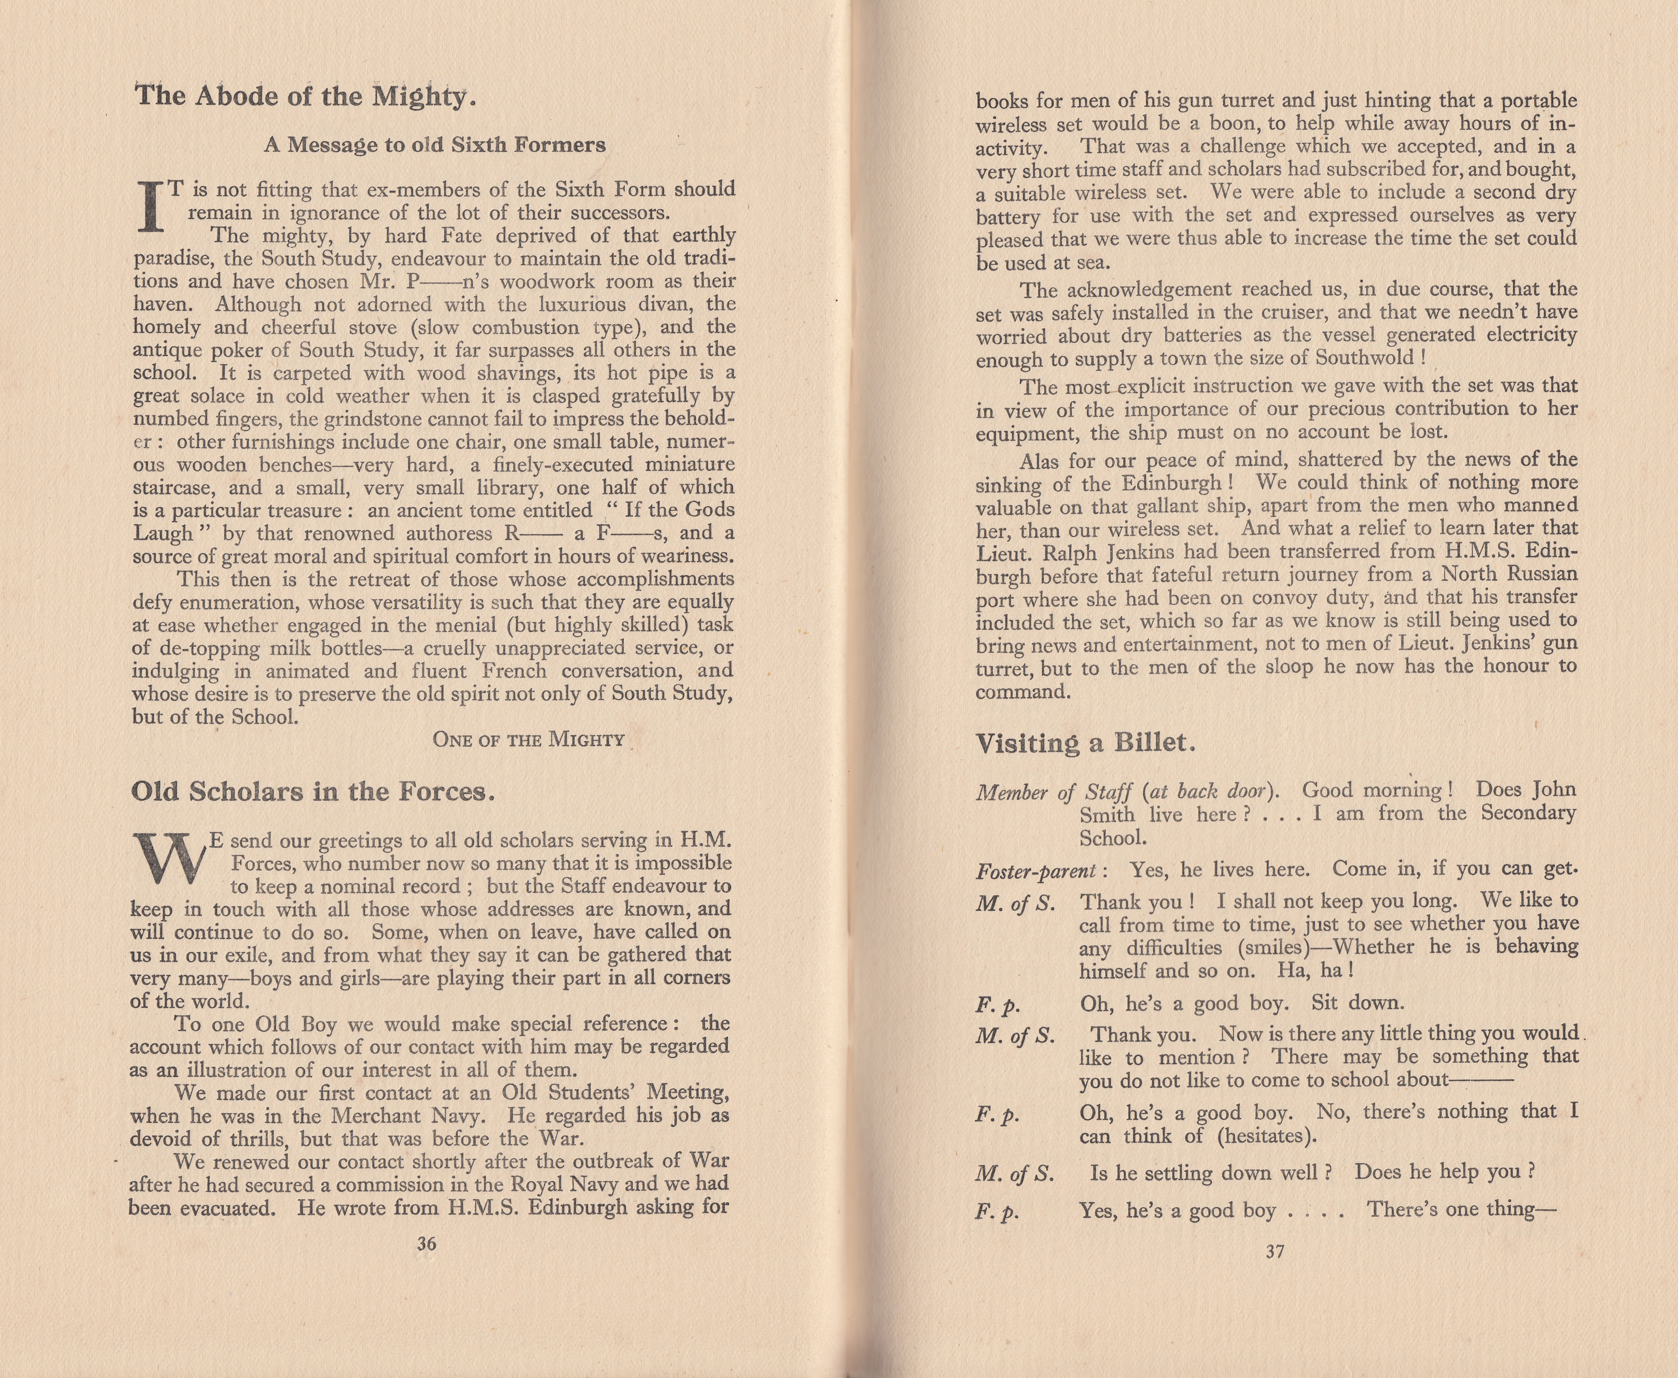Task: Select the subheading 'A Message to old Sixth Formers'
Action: point(434,145)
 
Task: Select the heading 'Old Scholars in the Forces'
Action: point(312,792)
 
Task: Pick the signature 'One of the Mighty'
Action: point(529,740)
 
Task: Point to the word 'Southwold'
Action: point(1365,358)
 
